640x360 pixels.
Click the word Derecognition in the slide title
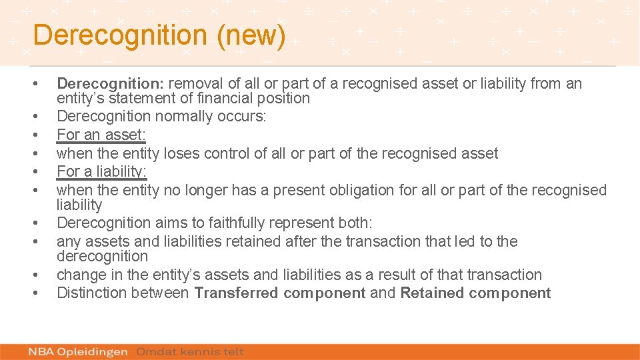121,36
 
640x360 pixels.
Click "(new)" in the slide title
251,36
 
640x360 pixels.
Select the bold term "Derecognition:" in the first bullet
110,83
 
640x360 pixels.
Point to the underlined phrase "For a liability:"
102,171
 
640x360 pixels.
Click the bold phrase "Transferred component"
280,293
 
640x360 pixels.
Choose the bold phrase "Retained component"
475,293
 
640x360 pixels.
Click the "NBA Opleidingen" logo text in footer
78,351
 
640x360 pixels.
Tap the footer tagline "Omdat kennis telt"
190,351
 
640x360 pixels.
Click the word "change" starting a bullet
79,275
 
